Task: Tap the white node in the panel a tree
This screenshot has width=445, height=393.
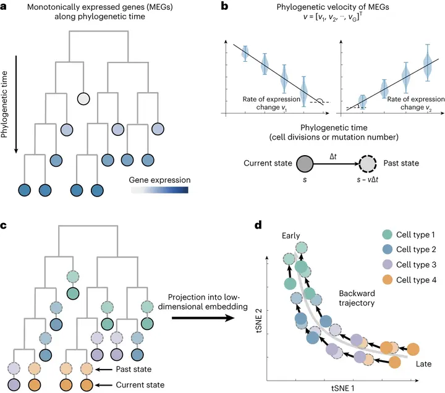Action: click(x=83, y=98)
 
